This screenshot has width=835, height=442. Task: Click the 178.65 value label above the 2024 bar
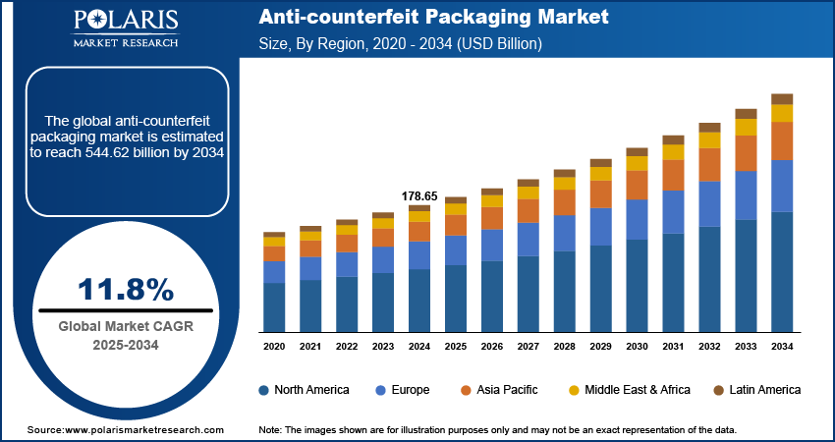point(419,196)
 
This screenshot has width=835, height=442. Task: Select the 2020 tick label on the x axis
point(274,347)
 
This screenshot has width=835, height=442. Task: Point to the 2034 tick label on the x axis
point(782,347)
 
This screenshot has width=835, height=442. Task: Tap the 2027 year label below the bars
point(528,347)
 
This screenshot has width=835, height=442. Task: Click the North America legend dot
point(264,390)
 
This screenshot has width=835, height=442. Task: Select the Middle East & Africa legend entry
point(629,390)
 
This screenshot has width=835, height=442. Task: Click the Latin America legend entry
point(757,390)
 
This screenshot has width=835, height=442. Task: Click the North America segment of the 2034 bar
point(782,271)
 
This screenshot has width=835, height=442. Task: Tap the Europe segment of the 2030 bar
point(637,219)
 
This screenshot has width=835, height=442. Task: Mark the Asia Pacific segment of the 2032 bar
point(709,164)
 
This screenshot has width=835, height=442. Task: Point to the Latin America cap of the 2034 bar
point(782,98)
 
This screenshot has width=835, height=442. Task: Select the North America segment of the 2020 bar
point(274,306)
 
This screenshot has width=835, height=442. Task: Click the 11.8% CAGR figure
point(126,290)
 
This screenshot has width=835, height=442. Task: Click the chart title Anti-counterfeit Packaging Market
point(433,18)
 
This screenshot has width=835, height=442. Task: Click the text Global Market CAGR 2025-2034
point(126,335)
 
